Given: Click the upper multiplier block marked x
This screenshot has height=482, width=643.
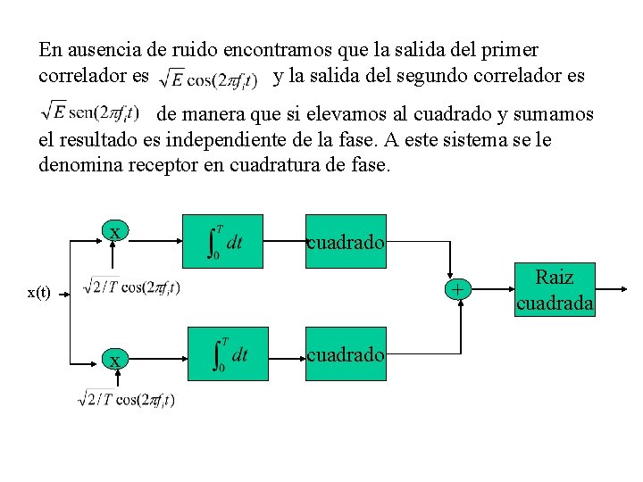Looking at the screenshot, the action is [x=113, y=231].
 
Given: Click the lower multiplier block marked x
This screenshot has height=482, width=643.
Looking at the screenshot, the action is [x=113, y=360].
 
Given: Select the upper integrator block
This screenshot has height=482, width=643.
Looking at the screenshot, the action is [x=222, y=241].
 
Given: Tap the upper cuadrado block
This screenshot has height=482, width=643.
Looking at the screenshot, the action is [x=347, y=241].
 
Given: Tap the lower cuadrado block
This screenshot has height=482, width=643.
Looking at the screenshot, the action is [x=347, y=354].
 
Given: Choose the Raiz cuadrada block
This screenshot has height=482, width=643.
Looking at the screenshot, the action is [x=555, y=290].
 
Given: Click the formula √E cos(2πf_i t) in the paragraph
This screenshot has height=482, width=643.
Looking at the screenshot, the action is [x=207, y=79].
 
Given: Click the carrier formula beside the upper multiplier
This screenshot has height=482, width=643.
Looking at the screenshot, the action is [x=130, y=287].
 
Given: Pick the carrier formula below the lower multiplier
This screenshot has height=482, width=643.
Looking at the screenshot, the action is [x=126, y=399].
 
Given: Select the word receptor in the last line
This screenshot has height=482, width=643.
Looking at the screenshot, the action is [x=145, y=165].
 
